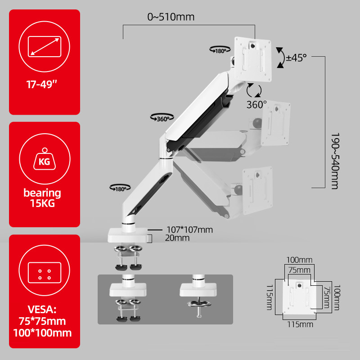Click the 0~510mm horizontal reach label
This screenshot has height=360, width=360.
pyautogui.click(x=171, y=18)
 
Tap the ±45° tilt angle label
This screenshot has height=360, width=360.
pyautogui.click(x=297, y=58)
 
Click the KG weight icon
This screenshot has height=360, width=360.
pyautogui.click(x=45, y=160)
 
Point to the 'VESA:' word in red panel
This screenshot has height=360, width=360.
pyautogui.click(x=45, y=310)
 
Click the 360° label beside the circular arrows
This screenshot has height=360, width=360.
pyautogui.click(x=256, y=104)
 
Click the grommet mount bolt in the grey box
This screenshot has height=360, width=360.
pyautogui.click(x=197, y=306)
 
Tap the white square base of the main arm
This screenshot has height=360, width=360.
pyautogui.click(x=129, y=234)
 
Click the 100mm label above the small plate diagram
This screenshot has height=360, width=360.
pyautogui.click(x=299, y=260)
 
